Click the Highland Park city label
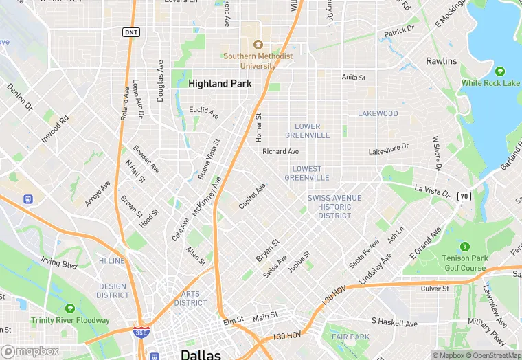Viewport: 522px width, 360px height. pyautogui.click(x=220, y=83)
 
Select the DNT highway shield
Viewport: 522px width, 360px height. pyautogui.click(x=130, y=32)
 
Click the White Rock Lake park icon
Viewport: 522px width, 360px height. pyautogui.click(x=500, y=71)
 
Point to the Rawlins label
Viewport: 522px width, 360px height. pyautogui.click(x=441, y=61)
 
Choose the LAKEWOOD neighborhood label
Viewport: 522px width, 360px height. pyautogui.click(x=377, y=113)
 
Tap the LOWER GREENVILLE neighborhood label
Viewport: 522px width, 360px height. pyautogui.click(x=307, y=131)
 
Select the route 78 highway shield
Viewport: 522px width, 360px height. pyautogui.click(x=464, y=196)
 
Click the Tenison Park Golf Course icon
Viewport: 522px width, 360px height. pyautogui.click(x=465, y=246)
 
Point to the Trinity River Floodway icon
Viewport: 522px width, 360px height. pyautogui.click(x=70, y=308)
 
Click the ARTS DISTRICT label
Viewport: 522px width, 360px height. pyautogui.click(x=190, y=298)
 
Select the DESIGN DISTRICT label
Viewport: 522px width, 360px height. pyautogui.click(x=113, y=291)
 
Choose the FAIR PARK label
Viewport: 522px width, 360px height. pyautogui.click(x=350, y=337)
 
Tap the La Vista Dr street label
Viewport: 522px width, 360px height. pyautogui.click(x=431, y=188)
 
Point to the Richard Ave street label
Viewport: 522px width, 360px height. pyautogui.click(x=280, y=151)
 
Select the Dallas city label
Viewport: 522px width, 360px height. pyautogui.click(x=201, y=354)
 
